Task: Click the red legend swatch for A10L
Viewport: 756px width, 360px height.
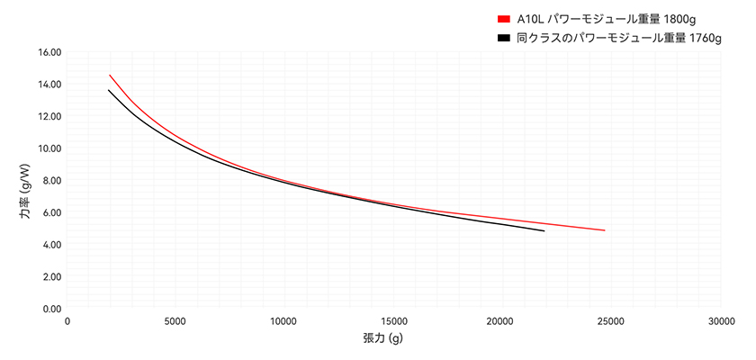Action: tap(503, 19)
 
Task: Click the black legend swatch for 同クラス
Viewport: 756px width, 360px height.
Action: tap(503, 39)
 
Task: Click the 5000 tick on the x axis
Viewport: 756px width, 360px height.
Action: tap(175, 322)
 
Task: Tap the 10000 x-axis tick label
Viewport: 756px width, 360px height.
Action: tap(284, 322)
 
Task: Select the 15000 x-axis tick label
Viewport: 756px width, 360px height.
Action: tap(393, 322)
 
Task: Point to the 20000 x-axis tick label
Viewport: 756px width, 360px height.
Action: tap(502, 322)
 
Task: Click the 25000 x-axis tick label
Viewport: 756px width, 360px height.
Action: tap(611, 322)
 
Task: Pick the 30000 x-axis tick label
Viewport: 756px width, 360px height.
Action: tap(720, 322)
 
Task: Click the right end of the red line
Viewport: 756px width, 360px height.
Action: tap(604, 230)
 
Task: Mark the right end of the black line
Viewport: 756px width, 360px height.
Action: tap(544, 231)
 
